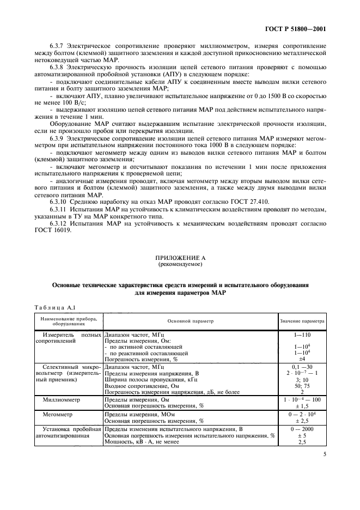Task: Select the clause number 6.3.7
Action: click(x=59, y=46)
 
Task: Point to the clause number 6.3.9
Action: click(x=59, y=138)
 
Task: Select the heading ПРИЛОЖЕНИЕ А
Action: click(x=180, y=258)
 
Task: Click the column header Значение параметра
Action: click(x=302, y=321)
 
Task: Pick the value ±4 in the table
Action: click(x=302, y=360)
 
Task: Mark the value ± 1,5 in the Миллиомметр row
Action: click(x=302, y=405)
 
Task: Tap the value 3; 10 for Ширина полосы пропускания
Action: click(x=302, y=379)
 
